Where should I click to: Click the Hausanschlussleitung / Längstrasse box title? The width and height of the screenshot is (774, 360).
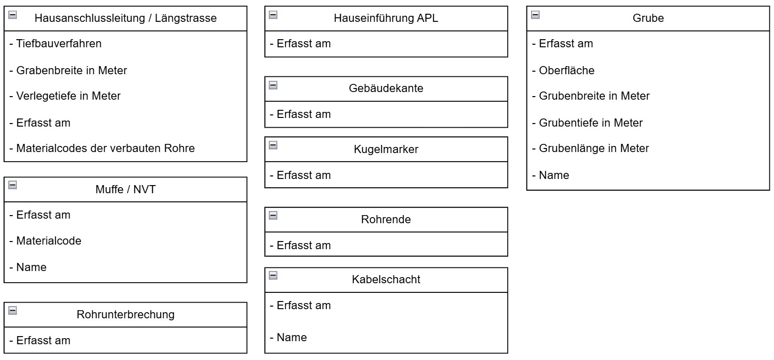click(x=125, y=18)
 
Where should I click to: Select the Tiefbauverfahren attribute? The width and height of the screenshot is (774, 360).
click(x=55, y=44)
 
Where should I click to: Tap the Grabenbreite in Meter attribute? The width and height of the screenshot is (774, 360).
click(x=68, y=70)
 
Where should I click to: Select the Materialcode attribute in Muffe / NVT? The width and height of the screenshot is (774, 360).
click(x=45, y=241)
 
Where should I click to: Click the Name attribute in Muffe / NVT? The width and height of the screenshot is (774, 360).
click(x=28, y=267)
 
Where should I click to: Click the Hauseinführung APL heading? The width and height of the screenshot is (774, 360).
click(x=386, y=18)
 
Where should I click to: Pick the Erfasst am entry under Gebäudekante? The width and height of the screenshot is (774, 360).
click(x=300, y=114)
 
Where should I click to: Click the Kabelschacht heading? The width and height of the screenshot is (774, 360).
click(x=386, y=280)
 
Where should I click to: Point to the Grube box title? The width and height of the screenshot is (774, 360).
click(x=648, y=18)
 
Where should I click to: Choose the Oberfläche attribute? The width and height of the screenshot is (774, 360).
click(x=563, y=70)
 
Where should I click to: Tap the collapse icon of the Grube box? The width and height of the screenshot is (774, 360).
click(x=535, y=15)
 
